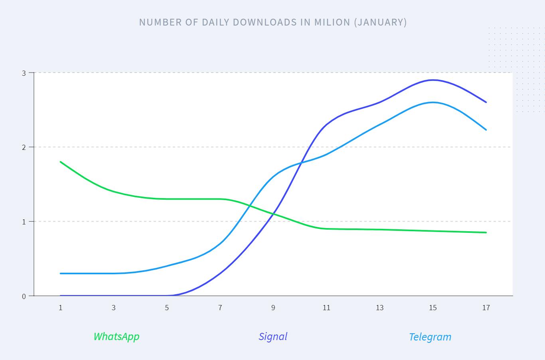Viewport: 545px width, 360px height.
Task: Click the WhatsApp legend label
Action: pyautogui.click(x=117, y=336)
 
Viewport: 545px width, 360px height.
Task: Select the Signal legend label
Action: pyautogui.click(x=273, y=336)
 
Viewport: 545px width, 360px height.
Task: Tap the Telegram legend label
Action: pyautogui.click(x=430, y=337)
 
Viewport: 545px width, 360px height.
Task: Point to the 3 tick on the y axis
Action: pyautogui.click(x=24, y=73)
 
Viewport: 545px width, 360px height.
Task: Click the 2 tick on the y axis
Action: pyautogui.click(x=24, y=147)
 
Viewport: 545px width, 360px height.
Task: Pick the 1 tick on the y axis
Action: pyautogui.click(x=24, y=222)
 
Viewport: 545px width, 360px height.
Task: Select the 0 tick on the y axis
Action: pyautogui.click(x=24, y=296)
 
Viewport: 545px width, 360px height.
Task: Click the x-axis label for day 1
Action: pyautogui.click(x=61, y=307)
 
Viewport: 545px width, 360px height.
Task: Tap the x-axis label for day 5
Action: pyautogui.click(x=167, y=307)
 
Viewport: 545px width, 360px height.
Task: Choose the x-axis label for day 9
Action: pyautogui.click(x=273, y=307)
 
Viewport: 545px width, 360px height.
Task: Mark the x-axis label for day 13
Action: pyautogui.click(x=379, y=307)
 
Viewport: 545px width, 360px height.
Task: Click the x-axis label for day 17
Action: pyautogui.click(x=486, y=307)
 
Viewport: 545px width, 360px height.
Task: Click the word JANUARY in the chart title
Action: pyautogui.click(x=381, y=22)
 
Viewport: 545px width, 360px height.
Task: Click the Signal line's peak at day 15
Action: pyautogui.click(x=433, y=80)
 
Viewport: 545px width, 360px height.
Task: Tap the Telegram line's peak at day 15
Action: pyautogui.click(x=433, y=102)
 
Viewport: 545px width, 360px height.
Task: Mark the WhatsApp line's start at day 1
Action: pyautogui.click(x=61, y=162)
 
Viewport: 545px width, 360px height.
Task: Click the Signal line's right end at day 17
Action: pyautogui.click(x=486, y=102)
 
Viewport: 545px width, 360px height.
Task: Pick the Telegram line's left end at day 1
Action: pyautogui.click(x=61, y=273)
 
